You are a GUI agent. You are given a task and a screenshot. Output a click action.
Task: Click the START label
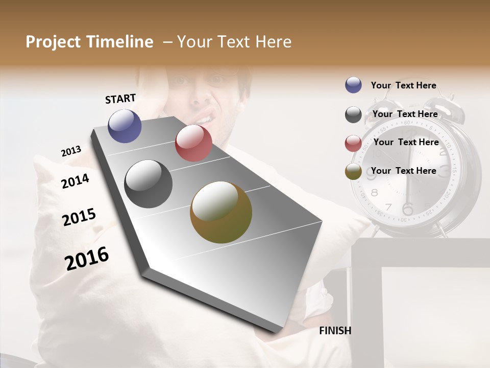tap(120, 99)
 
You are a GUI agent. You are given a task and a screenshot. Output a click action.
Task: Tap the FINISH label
tap(335, 331)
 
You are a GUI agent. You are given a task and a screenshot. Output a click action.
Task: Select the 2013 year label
tap(71, 151)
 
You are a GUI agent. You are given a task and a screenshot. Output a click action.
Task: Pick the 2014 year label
tap(75, 181)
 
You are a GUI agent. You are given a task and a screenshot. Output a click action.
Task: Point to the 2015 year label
tap(79, 217)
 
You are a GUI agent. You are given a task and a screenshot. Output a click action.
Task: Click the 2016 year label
tap(87, 259)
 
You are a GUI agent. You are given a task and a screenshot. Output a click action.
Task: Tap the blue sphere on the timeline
tap(125, 126)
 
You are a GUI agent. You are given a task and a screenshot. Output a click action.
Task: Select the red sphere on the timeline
tap(193, 143)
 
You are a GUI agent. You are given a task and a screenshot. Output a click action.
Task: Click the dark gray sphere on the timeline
tap(149, 184)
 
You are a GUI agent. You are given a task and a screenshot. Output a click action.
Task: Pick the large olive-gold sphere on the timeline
tap(221, 212)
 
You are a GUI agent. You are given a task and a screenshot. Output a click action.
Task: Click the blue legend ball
tap(353, 85)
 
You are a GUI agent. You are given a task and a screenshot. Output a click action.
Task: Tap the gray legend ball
tap(353, 114)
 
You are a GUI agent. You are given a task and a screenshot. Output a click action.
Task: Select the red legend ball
tap(353, 143)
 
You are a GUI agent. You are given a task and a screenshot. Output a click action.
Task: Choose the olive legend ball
tap(353, 172)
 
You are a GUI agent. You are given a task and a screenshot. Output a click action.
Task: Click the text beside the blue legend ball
tap(403, 85)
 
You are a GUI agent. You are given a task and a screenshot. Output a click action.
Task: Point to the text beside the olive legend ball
tap(403, 171)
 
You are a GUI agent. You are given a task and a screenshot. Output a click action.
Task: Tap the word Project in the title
tap(53, 42)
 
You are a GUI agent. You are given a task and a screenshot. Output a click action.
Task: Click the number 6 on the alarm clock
tap(407, 209)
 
